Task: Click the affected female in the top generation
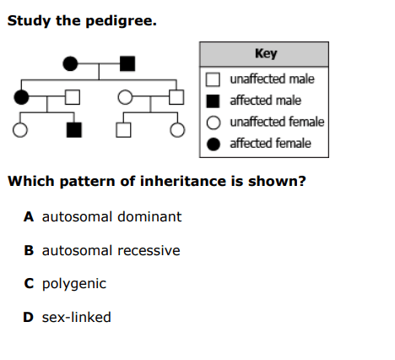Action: point(70,63)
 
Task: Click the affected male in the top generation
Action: point(127,63)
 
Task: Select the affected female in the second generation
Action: point(21,97)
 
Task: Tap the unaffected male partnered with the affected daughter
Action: point(73,97)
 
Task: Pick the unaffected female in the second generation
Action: point(125,97)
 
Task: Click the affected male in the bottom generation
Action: point(74,130)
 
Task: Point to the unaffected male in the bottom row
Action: point(123,130)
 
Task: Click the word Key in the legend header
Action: point(266,53)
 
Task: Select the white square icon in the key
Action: point(213,79)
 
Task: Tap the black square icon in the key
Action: point(213,101)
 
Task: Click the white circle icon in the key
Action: point(214,123)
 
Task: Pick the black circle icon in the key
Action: point(214,144)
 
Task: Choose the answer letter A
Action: point(29,217)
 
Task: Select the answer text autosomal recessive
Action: point(111,250)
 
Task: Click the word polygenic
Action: point(74,284)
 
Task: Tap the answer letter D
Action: point(28,317)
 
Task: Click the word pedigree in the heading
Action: point(121,21)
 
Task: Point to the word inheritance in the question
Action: point(183,181)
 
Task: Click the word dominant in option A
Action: point(149,216)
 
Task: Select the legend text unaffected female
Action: point(277,122)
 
